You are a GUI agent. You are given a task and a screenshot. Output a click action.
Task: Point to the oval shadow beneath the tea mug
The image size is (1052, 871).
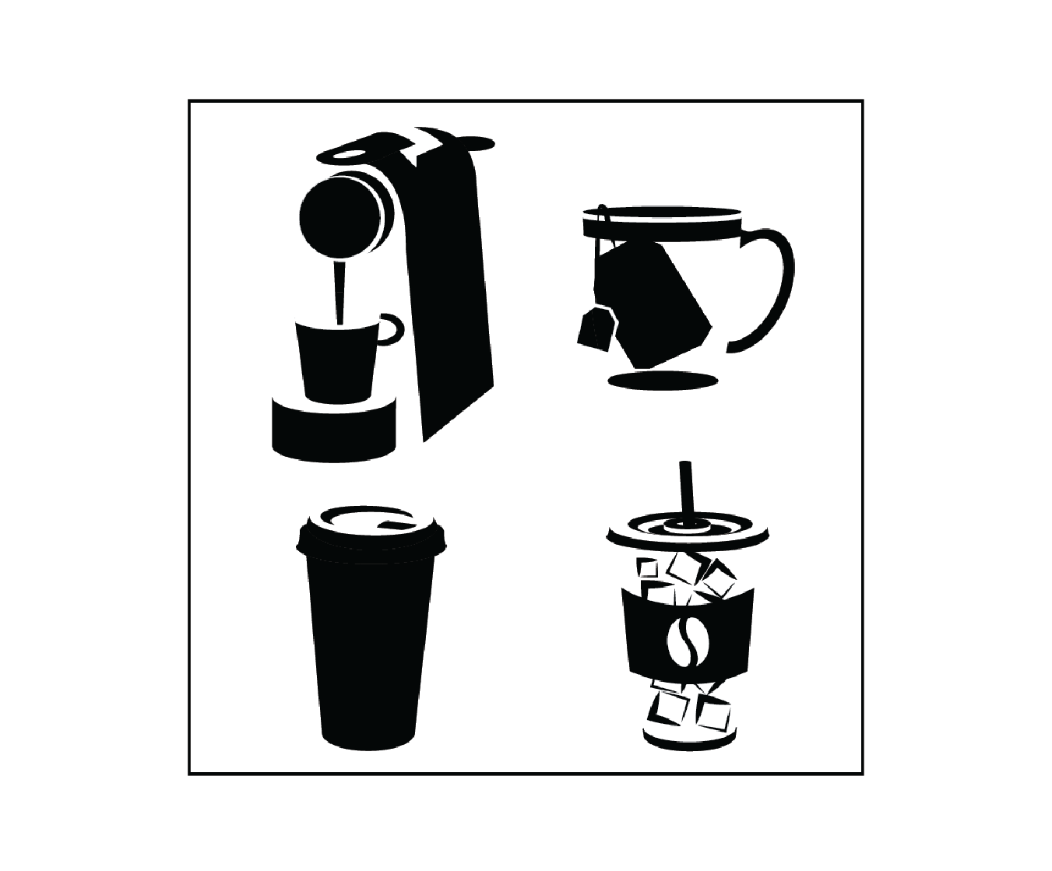[662, 381]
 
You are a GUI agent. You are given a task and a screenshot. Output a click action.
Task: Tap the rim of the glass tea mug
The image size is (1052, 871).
[662, 212]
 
